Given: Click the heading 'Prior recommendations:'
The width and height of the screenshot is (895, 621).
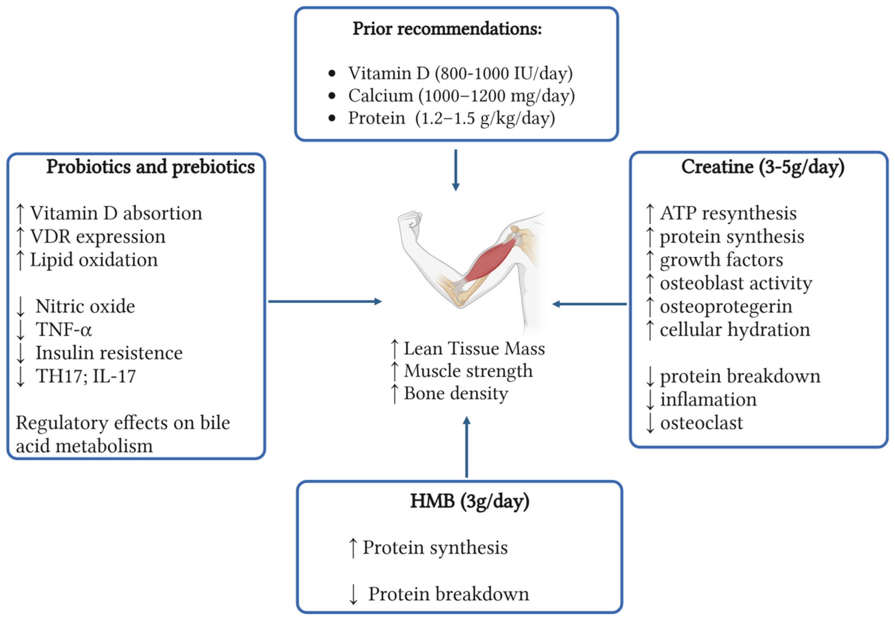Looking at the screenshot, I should point(447,29).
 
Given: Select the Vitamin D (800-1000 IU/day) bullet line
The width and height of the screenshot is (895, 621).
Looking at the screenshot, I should point(460,74).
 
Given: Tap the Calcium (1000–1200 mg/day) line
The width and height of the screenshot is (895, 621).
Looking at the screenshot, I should point(461,96).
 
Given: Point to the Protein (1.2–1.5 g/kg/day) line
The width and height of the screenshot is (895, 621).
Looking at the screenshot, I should point(451,118).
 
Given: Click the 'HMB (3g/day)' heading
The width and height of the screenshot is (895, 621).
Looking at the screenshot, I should point(470,501).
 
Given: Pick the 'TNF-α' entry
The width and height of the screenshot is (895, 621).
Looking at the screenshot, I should point(64,330).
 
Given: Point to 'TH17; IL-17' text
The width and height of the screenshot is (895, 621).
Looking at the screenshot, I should point(86,376).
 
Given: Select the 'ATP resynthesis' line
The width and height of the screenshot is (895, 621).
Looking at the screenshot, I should point(728,213).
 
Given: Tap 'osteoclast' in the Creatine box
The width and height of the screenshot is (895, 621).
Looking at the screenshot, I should point(701,423).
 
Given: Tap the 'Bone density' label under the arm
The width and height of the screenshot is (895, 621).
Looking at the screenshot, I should point(456,393).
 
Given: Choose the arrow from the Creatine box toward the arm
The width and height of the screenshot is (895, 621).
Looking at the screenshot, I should point(589,304).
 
